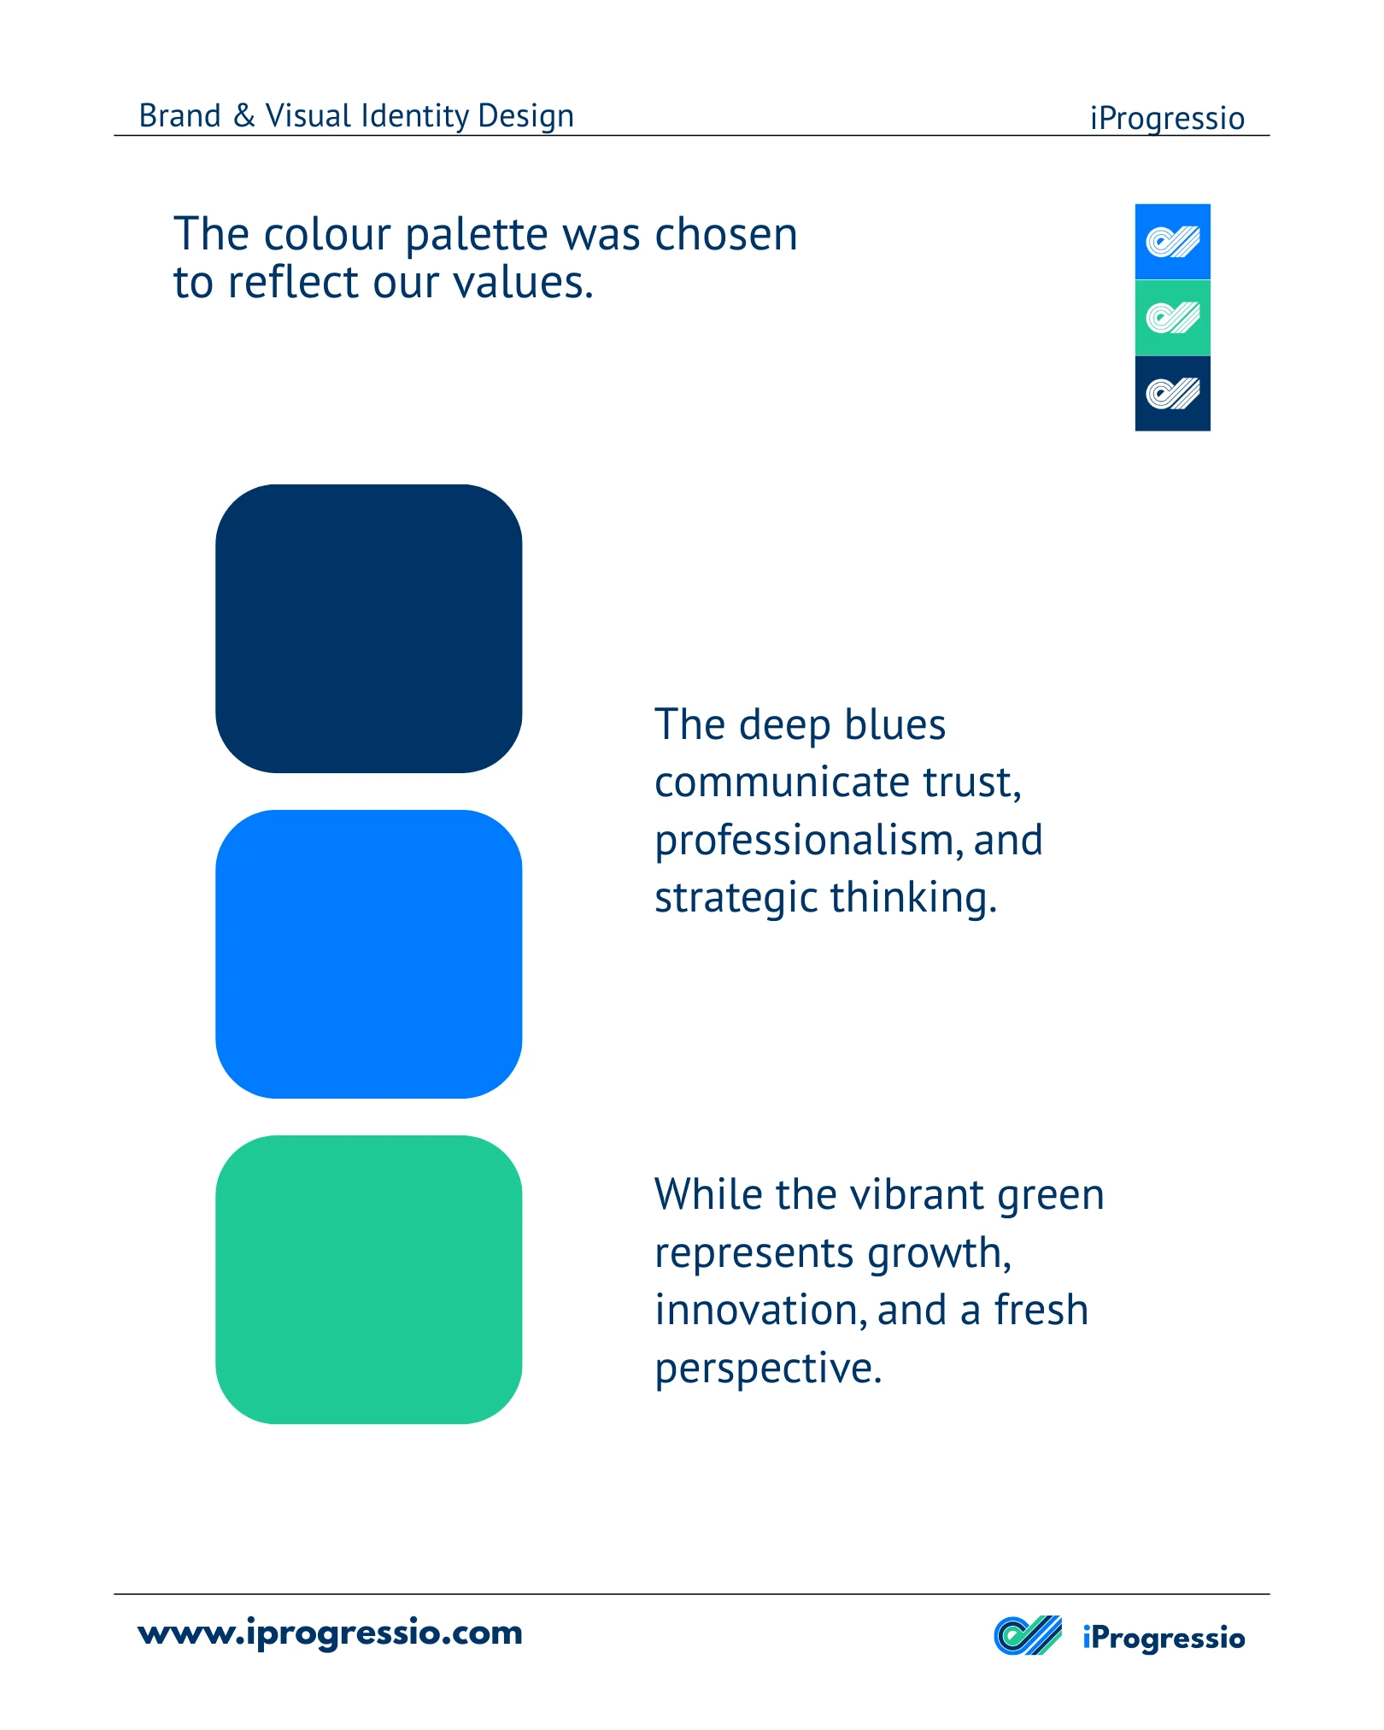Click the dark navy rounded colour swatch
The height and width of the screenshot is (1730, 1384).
coord(368,629)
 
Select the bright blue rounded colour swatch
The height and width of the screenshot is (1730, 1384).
coord(368,954)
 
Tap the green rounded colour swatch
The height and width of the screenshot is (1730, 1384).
coord(368,1280)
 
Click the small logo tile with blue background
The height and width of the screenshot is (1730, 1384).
coord(1172,242)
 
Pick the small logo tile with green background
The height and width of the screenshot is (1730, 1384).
coord(1172,318)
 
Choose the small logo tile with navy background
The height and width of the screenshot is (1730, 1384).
coord(1172,394)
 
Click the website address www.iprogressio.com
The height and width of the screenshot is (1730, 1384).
coord(330,1633)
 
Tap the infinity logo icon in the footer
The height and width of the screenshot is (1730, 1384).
coord(1028,1636)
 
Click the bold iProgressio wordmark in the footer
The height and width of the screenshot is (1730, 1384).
coord(1164,1638)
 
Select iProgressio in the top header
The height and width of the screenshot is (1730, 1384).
coord(1167,119)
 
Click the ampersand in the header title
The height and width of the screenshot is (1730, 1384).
coord(244,115)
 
